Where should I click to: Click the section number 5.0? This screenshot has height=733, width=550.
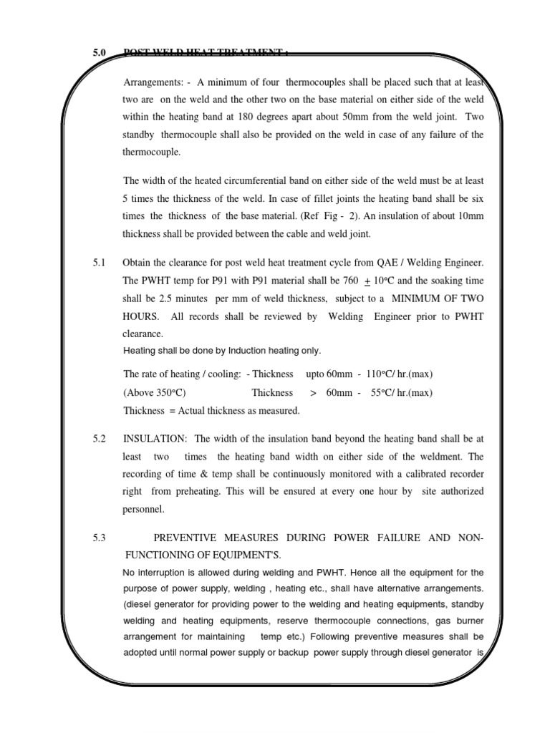point(98,53)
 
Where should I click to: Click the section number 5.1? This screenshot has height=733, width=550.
point(98,263)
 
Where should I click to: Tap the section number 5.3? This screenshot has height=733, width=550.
point(98,538)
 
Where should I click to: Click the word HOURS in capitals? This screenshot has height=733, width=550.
point(142,316)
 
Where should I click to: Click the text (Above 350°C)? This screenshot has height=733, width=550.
point(154,392)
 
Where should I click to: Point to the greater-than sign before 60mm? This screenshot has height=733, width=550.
point(313,392)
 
